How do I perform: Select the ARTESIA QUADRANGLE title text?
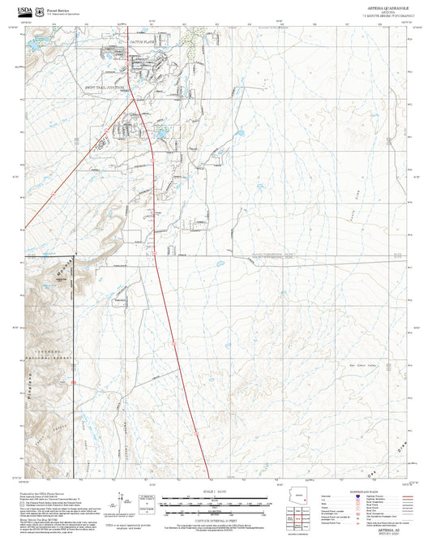[x=385, y=6]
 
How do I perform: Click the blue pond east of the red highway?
[x=161, y=131]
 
